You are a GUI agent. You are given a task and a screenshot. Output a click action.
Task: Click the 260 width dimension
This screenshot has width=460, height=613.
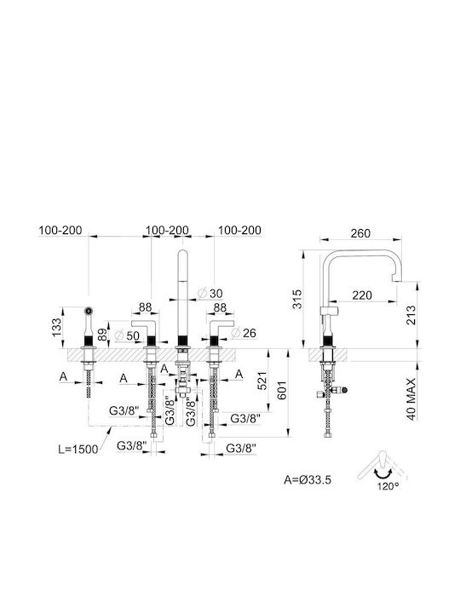click(360, 233)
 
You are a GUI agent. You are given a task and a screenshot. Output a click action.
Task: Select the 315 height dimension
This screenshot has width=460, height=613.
click(297, 299)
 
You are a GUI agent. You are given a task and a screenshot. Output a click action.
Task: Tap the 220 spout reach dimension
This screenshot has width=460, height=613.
click(362, 295)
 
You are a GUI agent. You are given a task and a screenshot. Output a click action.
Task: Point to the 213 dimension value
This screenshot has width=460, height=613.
click(411, 315)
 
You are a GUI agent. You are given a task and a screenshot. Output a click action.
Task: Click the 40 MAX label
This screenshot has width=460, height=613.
click(411, 398)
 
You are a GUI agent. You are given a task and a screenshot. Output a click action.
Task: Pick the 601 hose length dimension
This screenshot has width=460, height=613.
click(282, 390)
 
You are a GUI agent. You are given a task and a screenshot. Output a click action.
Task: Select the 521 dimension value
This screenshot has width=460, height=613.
click(262, 381)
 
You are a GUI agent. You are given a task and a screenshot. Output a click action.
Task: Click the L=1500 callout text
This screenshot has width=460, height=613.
click(78, 450)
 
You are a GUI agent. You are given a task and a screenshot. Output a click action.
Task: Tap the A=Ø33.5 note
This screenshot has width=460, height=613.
click(308, 479)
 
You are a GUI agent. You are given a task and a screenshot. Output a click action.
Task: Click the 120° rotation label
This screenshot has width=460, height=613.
click(388, 487)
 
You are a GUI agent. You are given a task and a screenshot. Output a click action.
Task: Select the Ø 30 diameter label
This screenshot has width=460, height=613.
click(210, 293)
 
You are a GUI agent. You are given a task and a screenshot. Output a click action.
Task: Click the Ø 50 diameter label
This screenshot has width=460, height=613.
click(127, 335)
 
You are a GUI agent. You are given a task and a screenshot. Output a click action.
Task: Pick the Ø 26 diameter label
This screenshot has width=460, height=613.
click(244, 333)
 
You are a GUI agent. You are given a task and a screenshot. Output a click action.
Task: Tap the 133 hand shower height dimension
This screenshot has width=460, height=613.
click(57, 327)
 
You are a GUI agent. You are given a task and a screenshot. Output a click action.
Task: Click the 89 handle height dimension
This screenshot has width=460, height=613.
click(102, 335)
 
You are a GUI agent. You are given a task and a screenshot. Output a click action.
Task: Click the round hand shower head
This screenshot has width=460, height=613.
click(89, 312)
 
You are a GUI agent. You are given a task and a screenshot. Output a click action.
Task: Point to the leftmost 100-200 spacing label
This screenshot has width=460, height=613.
click(60, 230)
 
